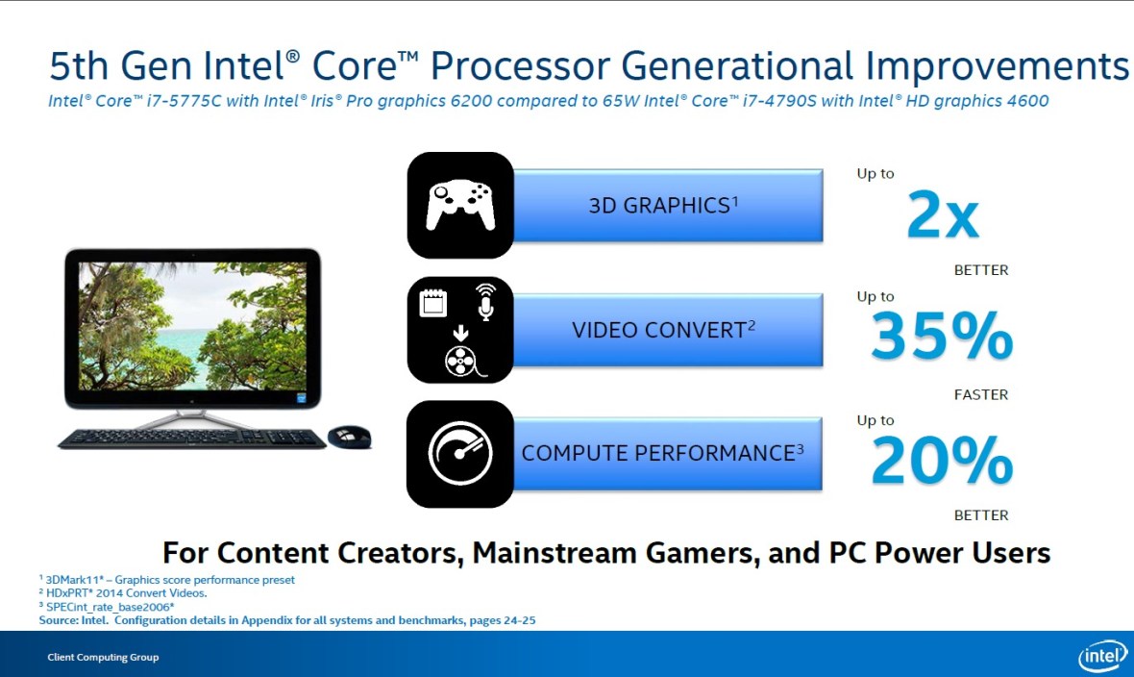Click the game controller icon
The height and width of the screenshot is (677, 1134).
(x=460, y=205)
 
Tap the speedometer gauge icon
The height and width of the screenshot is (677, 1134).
(x=460, y=454)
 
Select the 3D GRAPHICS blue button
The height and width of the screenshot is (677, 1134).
(x=663, y=206)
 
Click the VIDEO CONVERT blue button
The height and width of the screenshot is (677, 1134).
(x=663, y=330)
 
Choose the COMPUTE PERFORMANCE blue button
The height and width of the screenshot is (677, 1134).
(x=663, y=453)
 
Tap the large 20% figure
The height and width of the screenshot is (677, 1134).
(x=941, y=462)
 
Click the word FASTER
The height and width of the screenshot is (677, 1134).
(x=981, y=394)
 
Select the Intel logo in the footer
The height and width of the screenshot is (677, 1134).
(x=1101, y=656)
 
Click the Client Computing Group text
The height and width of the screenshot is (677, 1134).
(x=104, y=658)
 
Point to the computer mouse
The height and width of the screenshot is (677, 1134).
(x=349, y=437)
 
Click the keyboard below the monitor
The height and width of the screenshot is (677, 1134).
(x=192, y=439)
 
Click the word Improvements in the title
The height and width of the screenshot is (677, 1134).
(x=998, y=66)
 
